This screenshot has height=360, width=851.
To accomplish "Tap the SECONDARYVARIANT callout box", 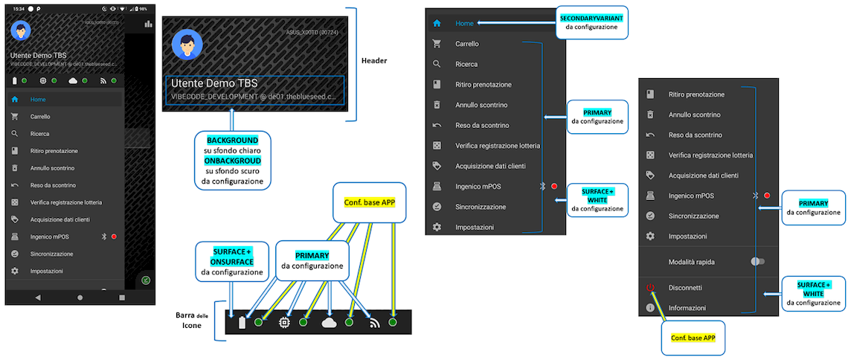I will point(594,22).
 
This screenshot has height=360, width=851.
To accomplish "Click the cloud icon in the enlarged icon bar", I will point(329,322).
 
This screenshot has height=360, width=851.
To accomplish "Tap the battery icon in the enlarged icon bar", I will point(241,323).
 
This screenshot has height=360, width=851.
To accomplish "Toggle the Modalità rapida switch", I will point(757,262).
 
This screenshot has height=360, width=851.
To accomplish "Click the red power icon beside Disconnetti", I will point(650,287).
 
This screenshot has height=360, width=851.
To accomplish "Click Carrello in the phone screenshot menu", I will point(41,117).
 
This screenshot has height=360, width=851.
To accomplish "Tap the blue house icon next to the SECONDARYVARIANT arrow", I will point(437,23).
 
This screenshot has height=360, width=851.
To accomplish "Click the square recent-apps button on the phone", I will point(122,297).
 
